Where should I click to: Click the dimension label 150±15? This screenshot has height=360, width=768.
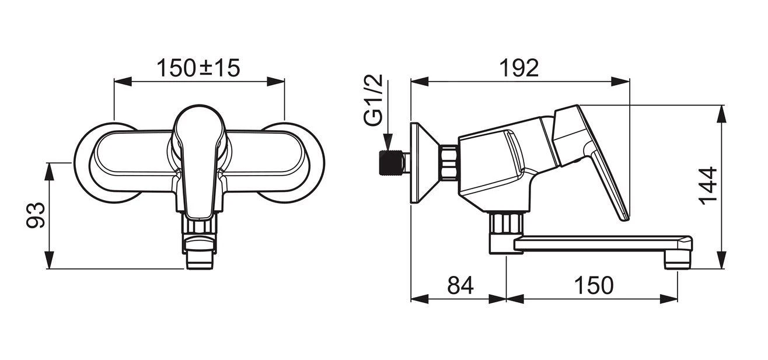click(x=198, y=68)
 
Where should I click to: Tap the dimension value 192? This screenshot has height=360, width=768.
click(x=518, y=68)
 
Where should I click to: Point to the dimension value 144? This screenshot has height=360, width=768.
click(x=708, y=186)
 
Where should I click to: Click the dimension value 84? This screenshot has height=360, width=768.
click(x=460, y=285)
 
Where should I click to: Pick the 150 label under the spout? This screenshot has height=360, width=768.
click(x=593, y=285)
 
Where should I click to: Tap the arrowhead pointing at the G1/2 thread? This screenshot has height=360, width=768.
click(x=386, y=143)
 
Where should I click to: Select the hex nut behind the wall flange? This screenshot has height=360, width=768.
click(x=449, y=162)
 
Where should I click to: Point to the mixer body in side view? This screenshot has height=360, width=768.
click(x=496, y=169)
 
